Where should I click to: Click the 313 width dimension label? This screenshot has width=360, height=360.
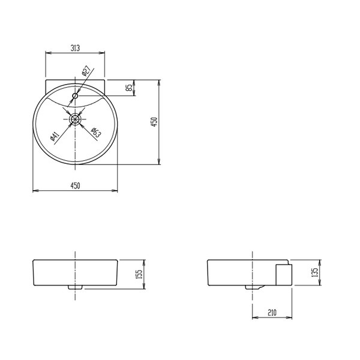click(x=76, y=48)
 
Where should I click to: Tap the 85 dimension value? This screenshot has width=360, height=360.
click(x=129, y=88)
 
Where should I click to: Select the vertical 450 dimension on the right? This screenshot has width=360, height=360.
click(x=154, y=122)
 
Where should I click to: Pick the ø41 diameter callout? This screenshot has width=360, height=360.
click(x=53, y=136)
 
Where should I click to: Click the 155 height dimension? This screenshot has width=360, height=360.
click(x=139, y=274)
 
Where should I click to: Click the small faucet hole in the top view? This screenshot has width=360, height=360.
click(x=75, y=95)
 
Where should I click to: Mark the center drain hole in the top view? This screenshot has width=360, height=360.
click(x=75, y=119)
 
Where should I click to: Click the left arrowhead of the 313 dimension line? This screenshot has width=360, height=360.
click(x=48, y=53)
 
